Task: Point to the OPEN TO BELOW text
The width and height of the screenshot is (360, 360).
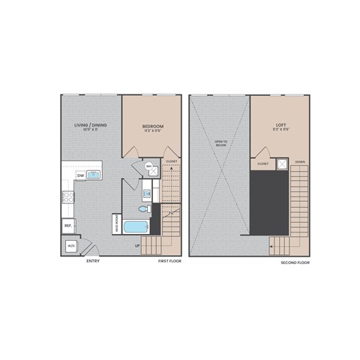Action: (x=220, y=143)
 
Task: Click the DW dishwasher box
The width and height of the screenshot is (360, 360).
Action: (x=80, y=175)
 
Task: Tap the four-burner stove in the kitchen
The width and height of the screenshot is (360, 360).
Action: (x=67, y=197)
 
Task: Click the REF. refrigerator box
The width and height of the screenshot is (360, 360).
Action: (x=67, y=224)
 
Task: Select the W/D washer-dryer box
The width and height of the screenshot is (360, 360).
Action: (x=71, y=245)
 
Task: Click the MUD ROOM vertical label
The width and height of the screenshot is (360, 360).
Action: (x=117, y=223)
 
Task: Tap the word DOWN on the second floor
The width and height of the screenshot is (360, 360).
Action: (x=299, y=162)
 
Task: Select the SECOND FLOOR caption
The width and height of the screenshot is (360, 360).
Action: (x=295, y=263)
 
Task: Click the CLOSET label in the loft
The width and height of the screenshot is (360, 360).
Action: (x=262, y=163)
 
